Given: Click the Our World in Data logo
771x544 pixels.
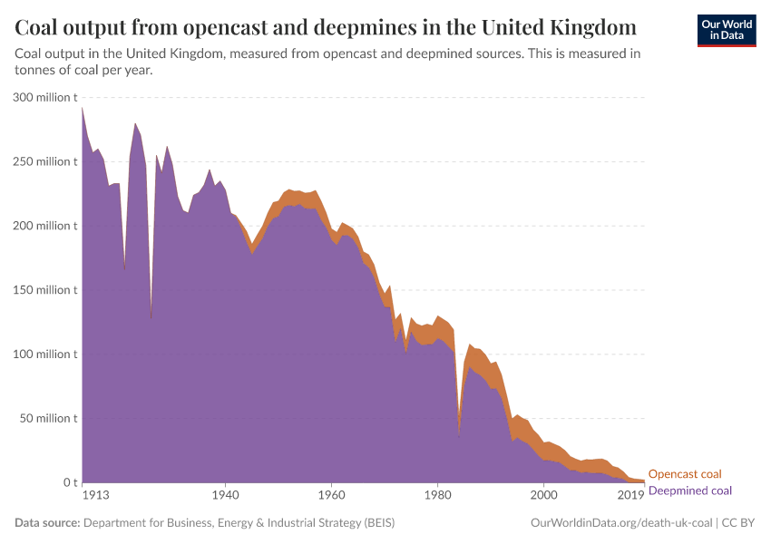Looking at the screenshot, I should tap(727, 30).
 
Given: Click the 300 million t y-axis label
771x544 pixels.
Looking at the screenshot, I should tap(45, 97).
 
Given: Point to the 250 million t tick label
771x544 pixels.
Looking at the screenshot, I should tap(45, 161).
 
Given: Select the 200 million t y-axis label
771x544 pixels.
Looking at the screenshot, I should tap(45, 226).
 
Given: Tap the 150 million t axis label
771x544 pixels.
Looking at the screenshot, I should tap(45, 290).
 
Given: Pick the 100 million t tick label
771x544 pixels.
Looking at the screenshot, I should tap(45, 355).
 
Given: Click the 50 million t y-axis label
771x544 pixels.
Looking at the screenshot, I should tap(48, 419).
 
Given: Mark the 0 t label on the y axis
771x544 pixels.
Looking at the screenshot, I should tap(69, 482).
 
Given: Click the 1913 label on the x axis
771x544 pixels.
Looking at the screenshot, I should tap(95, 496).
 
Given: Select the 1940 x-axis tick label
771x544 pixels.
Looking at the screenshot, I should tap(225, 496).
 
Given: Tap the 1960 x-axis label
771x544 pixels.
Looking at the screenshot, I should tap(331, 496).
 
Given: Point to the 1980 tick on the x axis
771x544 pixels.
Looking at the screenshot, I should tap(437, 496).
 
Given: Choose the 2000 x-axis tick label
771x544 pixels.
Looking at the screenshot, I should tap(543, 496).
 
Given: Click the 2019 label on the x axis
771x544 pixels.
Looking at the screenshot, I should tap(631, 496).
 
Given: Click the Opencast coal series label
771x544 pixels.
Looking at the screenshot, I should tap(685, 474).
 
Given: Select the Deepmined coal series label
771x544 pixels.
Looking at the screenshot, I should tap(689, 490).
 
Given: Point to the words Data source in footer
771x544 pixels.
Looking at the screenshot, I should tap(47, 523).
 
